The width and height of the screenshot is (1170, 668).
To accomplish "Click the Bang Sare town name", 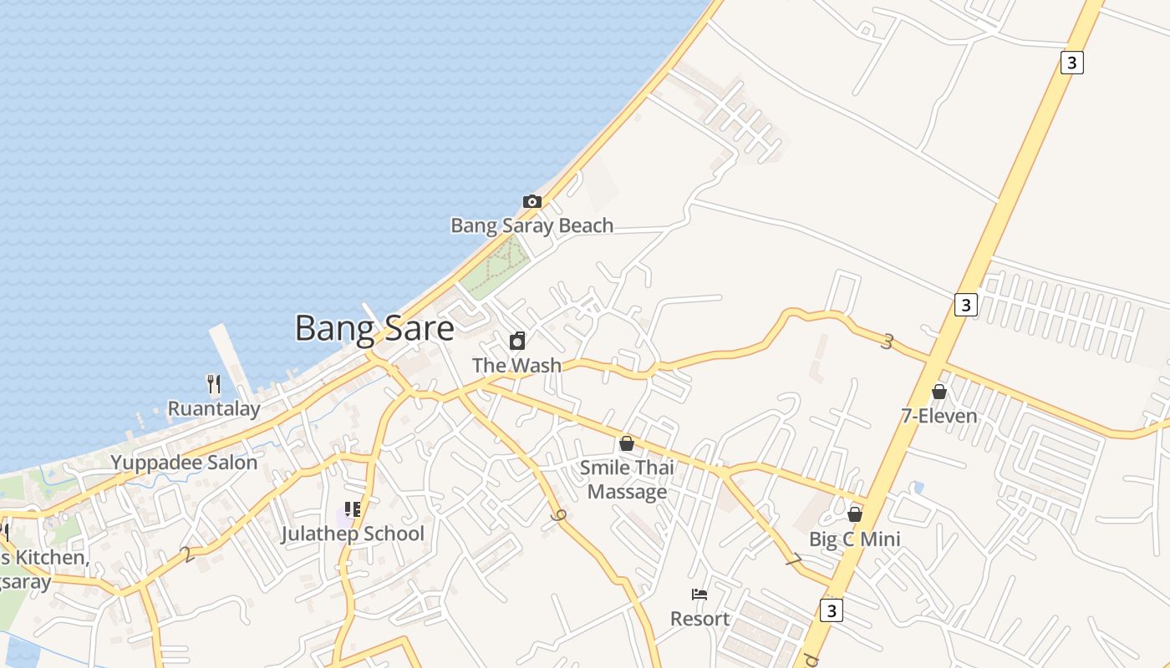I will pos(374,328).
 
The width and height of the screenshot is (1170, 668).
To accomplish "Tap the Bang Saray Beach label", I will pos(532,225).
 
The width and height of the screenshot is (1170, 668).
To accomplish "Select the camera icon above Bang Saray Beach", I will pos(532,201).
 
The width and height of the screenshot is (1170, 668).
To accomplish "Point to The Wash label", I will pos(516,365).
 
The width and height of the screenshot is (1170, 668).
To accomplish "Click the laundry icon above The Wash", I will pos(517,341).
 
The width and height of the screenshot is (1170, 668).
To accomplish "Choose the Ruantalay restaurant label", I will pos(214,408).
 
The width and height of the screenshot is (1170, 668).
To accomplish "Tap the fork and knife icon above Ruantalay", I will pos(214,384).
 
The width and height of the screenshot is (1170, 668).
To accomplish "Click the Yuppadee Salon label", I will pos(184,463).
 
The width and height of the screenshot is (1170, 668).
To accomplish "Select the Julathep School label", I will pos(353,534).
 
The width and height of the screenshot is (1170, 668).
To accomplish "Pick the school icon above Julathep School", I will pos(353,509).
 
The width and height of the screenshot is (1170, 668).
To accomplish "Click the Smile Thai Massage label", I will pos(627,479).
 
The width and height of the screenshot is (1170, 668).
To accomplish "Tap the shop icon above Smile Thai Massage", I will pos(627,443).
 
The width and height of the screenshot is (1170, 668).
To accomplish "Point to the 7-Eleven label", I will pos(939,415).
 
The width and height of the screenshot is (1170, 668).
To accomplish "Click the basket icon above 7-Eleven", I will pos(939,391).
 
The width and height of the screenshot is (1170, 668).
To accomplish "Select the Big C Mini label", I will pos(855,539).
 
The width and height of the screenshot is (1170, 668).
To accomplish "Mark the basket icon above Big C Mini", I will pos(855,514).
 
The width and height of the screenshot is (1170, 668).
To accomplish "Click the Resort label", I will pos(700,619).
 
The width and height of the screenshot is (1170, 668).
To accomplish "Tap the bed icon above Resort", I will pos(700,595).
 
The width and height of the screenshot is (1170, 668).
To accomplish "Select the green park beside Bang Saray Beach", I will pos(495,266).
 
